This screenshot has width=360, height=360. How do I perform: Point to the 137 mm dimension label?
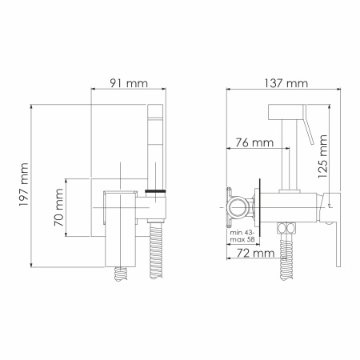pos(286,82)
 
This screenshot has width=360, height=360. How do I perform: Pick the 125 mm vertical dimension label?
pos(322,160)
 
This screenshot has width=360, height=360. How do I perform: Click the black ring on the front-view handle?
pos(157,191)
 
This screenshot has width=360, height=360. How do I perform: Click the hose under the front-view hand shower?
pos(156,252)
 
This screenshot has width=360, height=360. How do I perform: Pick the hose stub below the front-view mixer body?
pos(122,271)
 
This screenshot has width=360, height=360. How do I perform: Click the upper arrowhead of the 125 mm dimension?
pos(328,105)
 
